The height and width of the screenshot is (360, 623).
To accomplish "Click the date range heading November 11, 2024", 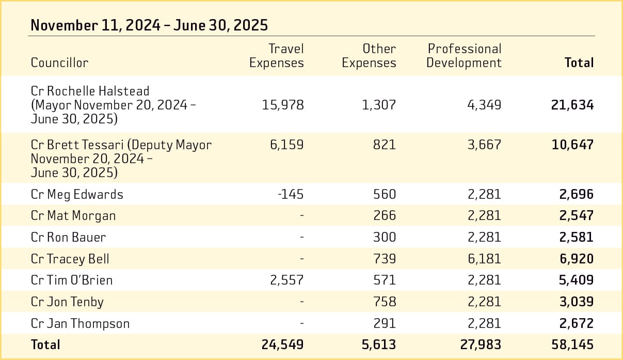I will [149, 25].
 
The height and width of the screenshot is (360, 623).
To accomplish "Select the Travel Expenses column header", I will [277, 56].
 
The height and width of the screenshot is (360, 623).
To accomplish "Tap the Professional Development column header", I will [464, 56].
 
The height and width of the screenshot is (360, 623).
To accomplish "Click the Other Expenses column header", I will [369, 56].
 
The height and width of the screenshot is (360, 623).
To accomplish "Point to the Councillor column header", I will [59, 62].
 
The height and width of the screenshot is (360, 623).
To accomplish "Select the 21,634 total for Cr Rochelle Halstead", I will [572, 105].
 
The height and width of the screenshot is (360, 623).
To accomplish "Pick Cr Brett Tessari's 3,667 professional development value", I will [484, 144].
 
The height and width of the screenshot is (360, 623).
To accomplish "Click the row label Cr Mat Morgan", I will [73, 215].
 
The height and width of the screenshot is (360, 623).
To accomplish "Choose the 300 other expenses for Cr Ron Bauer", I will [385, 237].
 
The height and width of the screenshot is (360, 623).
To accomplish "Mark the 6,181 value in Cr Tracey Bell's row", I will [484, 259].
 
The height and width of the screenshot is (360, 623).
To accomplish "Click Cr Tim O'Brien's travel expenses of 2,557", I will [286, 280].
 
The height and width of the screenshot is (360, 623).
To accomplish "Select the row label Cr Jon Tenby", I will [67, 302].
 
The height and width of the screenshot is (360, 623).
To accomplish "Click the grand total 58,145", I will [572, 345].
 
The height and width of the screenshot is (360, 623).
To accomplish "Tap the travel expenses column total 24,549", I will [282, 345].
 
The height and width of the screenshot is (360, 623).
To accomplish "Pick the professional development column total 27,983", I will [480, 345].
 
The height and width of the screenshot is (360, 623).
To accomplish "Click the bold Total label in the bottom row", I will [45, 345].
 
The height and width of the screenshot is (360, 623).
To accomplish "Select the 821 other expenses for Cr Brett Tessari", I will [385, 144].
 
